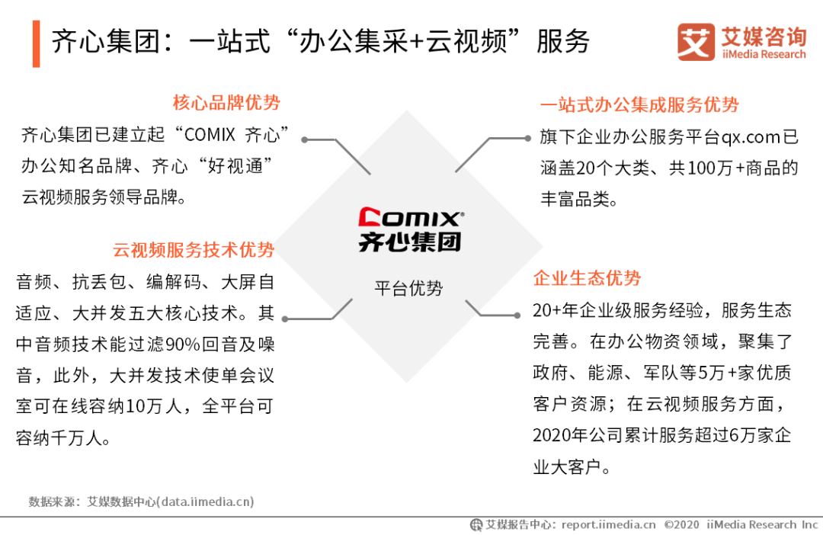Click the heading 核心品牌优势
226,102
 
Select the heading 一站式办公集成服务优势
639,104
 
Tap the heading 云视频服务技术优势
193,249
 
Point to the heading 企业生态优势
587,277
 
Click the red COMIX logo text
411,218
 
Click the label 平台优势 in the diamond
408,288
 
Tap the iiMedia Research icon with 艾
696,41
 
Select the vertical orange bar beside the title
37,43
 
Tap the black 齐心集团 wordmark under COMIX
410,242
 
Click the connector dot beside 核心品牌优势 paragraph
304,139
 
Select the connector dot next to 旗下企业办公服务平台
527,139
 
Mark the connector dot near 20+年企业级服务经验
517,315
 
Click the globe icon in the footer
476,524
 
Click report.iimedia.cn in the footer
608,524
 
